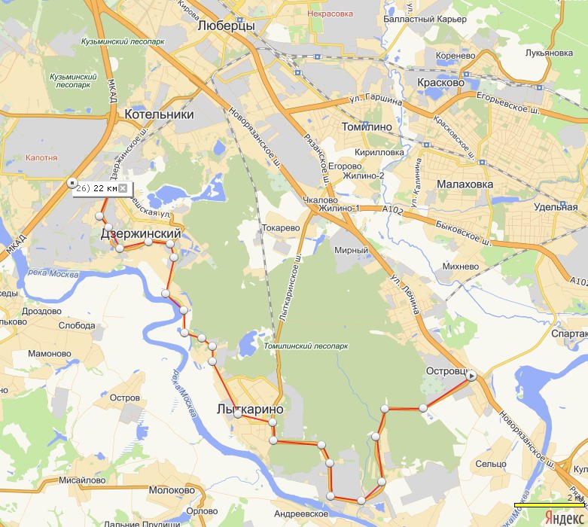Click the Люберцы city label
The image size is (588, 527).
[225, 26]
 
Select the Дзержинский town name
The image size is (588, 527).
[142, 234]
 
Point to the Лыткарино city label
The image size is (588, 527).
[248, 410]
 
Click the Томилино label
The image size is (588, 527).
[367, 126]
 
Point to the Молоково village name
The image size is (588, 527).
[172, 490]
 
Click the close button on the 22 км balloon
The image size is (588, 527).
[123, 188]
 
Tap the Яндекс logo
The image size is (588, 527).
[562, 517]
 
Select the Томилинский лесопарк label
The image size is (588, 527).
[306, 347]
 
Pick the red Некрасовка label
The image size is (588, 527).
[332, 13]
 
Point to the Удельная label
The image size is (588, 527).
[555, 207]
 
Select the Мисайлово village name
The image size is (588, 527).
[83, 479]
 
